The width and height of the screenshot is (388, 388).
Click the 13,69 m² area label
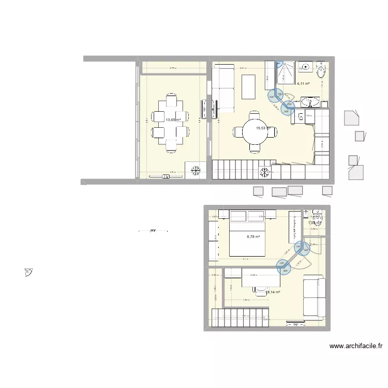(x=173, y=120)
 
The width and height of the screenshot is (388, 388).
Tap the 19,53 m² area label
(x=263, y=128)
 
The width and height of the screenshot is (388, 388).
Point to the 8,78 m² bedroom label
(x=253, y=236)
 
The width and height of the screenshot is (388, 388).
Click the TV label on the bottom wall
(x=166, y=176)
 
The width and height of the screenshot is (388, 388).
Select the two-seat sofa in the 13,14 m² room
(x=314, y=297)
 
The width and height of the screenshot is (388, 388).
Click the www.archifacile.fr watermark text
(x=355, y=346)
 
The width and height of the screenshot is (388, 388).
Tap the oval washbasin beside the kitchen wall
(x=310, y=100)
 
